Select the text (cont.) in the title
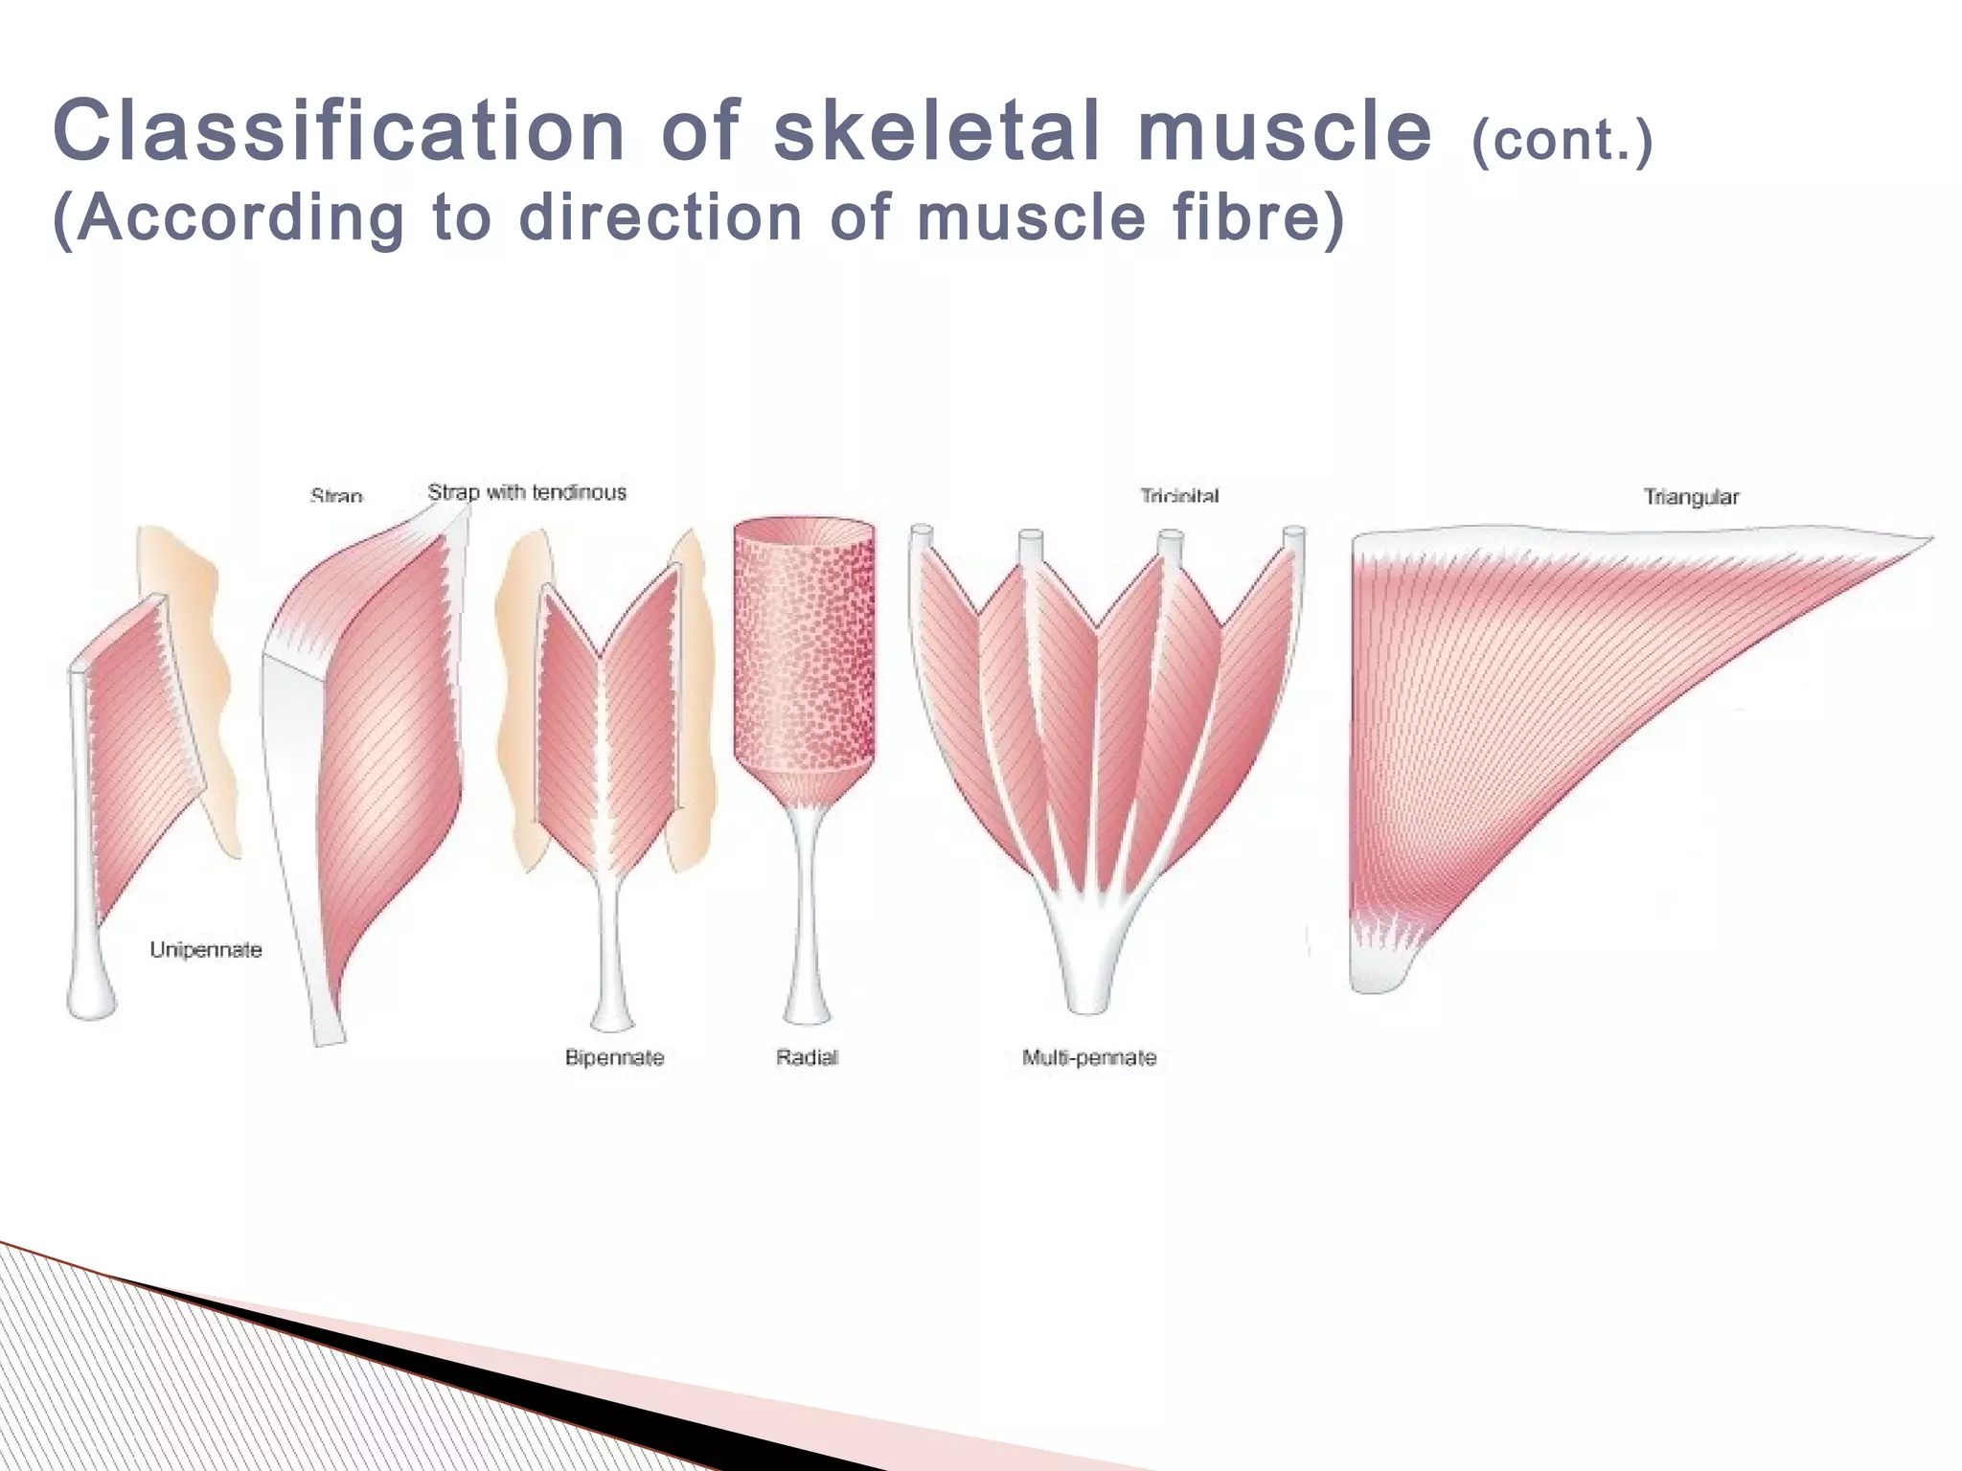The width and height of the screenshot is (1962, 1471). [x=1562, y=141]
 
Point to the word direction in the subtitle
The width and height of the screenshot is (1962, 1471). [x=660, y=217]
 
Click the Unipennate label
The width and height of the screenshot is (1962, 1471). [x=206, y=950]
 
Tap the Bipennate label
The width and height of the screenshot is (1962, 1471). [x=614, y=1057]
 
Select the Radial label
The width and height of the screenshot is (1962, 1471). [x=807, y=1057]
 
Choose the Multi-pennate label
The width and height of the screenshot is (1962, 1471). [x=1089, y=1057]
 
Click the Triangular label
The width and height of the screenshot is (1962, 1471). [x=1691, y=497]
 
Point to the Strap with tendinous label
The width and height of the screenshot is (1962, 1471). [x=527, y=492]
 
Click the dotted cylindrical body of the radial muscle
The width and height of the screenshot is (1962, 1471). [x=804, y=651]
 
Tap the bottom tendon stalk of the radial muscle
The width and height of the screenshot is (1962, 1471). [x=806, y=948]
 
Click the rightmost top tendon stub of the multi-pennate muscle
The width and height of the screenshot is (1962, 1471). [x=1293, y=537]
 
